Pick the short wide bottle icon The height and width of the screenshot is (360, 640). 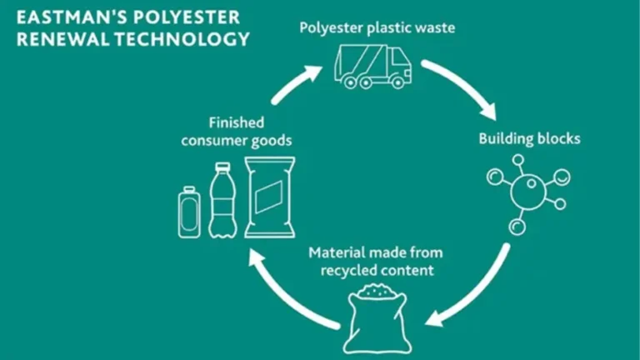189,212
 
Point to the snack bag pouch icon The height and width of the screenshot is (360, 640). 269,197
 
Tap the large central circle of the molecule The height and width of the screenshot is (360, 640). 528,191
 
